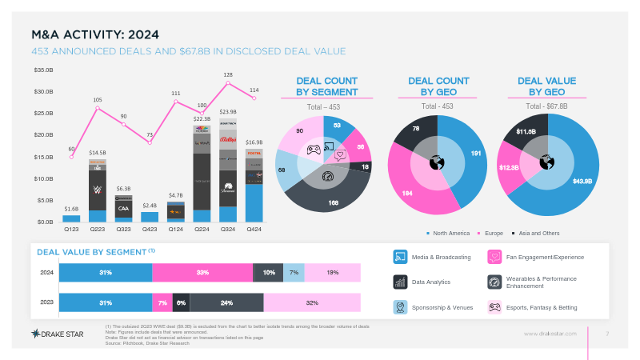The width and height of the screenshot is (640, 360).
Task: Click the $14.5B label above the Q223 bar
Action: [x=98, y=152]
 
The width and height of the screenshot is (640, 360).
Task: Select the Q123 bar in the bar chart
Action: [x=71, y=218]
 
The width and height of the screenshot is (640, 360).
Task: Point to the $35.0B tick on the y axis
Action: [x=43, y=70]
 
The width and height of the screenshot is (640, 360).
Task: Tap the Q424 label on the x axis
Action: [x=254, y=228]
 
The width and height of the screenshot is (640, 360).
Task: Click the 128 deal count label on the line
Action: [x=228, y=74]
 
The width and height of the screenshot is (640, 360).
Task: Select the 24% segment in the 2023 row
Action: [x=226, y=303]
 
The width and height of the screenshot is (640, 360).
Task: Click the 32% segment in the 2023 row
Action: [x=312, y=303]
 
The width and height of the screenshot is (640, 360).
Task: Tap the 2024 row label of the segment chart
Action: [x=46, y=273]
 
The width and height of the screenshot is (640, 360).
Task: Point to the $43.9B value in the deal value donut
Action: [x=582, y=181]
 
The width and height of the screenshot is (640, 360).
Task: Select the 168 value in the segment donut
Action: [x=332, y=203]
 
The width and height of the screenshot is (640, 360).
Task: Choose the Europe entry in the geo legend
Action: [x=492, y=233]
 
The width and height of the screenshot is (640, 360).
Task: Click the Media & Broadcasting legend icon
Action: [x=400, y=257]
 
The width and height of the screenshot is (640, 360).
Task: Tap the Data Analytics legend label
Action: [x=431, y=282]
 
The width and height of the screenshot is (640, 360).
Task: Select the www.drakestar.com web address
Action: [x=550, y=334]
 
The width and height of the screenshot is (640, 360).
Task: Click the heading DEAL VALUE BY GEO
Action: [x=547, y=86]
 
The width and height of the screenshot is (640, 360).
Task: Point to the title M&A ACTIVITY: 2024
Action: [x=95, y=34]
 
